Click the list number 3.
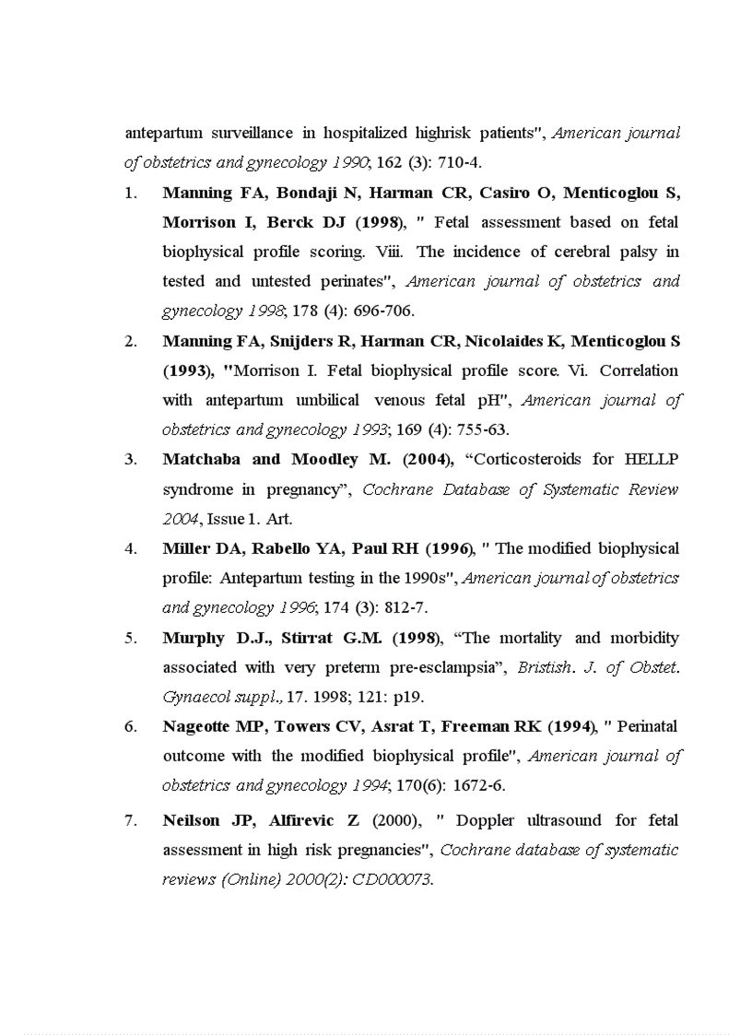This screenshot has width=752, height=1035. tap(131, 459)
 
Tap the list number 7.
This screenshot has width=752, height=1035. tap(131, 820)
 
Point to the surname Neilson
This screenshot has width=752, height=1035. tap(191, 820)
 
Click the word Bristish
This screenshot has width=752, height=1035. tap(545, 667)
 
